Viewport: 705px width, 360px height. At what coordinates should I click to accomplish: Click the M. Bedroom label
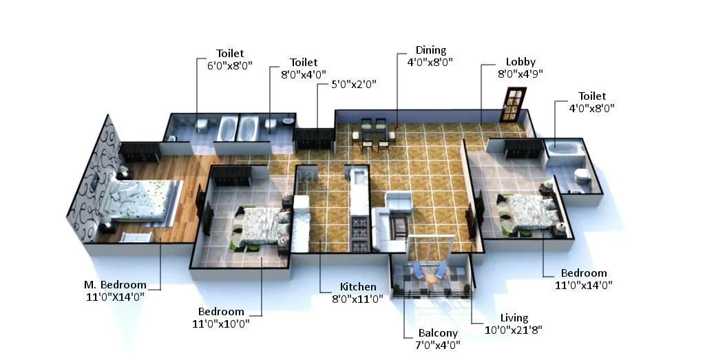tap(116, 285)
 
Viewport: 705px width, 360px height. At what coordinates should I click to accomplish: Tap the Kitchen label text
tap(358, 287)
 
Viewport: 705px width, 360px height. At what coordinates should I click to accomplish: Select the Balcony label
tap(438, 333)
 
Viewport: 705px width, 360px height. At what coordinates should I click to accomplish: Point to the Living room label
tap(514, 318)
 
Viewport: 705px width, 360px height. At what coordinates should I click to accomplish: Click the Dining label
tap(430, 50)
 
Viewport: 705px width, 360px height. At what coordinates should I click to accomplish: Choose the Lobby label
tap(520, 62)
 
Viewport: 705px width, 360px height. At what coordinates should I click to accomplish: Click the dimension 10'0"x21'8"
tap(514, 330)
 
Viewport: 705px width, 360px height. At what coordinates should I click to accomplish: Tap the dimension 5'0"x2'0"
tap(354, 84)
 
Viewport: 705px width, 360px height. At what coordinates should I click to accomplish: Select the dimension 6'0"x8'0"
tap(230, 65)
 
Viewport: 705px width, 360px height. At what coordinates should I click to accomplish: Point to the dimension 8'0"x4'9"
tap(520, 74)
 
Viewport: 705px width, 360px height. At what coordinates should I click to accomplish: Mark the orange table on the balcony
tap(431, 279)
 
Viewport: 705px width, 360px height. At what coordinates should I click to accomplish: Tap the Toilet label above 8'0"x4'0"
tap(304, 63)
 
